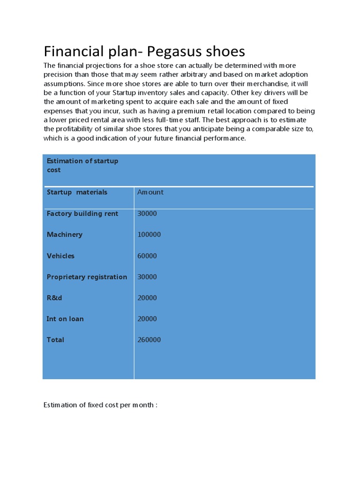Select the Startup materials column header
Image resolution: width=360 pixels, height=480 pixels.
77,192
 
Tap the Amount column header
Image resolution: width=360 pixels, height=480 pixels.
150,192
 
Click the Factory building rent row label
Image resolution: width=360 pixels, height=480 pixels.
82,214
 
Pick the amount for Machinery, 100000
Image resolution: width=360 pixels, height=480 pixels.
149,234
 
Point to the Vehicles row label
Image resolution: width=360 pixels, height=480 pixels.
60,256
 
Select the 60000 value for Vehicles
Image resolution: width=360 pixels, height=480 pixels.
147,256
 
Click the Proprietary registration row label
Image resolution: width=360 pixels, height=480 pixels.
87,277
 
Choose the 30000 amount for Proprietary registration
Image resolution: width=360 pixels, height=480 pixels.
147,277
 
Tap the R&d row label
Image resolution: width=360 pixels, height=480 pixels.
55,298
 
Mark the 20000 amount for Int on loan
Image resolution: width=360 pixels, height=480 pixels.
147,319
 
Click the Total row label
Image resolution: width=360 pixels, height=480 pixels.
55,340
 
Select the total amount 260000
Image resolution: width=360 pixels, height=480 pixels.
149,340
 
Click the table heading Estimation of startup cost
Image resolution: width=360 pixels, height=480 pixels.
82,165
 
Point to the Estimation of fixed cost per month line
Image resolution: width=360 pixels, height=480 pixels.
100,405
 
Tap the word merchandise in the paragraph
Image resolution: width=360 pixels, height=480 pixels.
269,83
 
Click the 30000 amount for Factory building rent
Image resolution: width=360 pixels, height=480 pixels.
147,214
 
